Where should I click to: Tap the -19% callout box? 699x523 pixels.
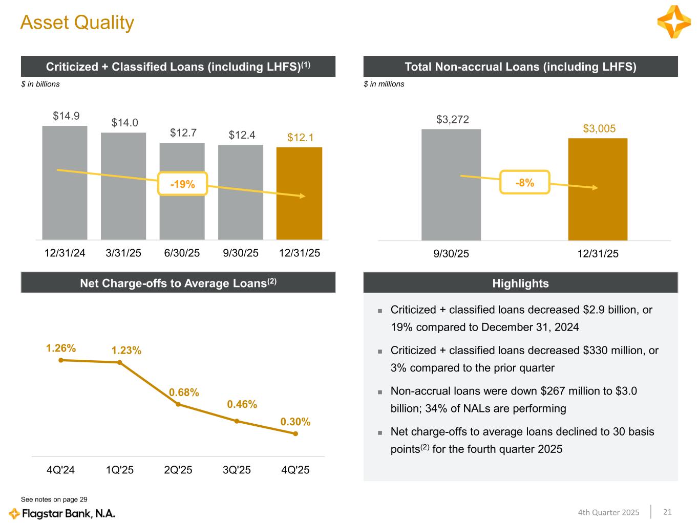[182, 184]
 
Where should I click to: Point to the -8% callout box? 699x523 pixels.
[524, 182]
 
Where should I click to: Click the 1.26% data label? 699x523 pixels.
[61, 348]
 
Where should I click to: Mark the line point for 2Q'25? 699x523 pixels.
[178, 404]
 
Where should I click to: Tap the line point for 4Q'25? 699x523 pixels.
[295, 434]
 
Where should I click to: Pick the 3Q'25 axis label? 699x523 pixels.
[237, 470]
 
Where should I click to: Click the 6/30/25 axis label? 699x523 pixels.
[182, 253]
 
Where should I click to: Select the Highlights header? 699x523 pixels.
[520, 283]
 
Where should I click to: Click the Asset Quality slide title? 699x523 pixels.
[77, 23]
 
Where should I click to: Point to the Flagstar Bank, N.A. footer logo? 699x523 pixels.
[62, 513]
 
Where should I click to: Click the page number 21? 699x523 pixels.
[667, 512]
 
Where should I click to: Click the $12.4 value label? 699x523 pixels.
[242, 135]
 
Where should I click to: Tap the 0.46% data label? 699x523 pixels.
[242, 404]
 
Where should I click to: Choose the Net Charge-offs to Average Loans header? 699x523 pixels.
[178, 283]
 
